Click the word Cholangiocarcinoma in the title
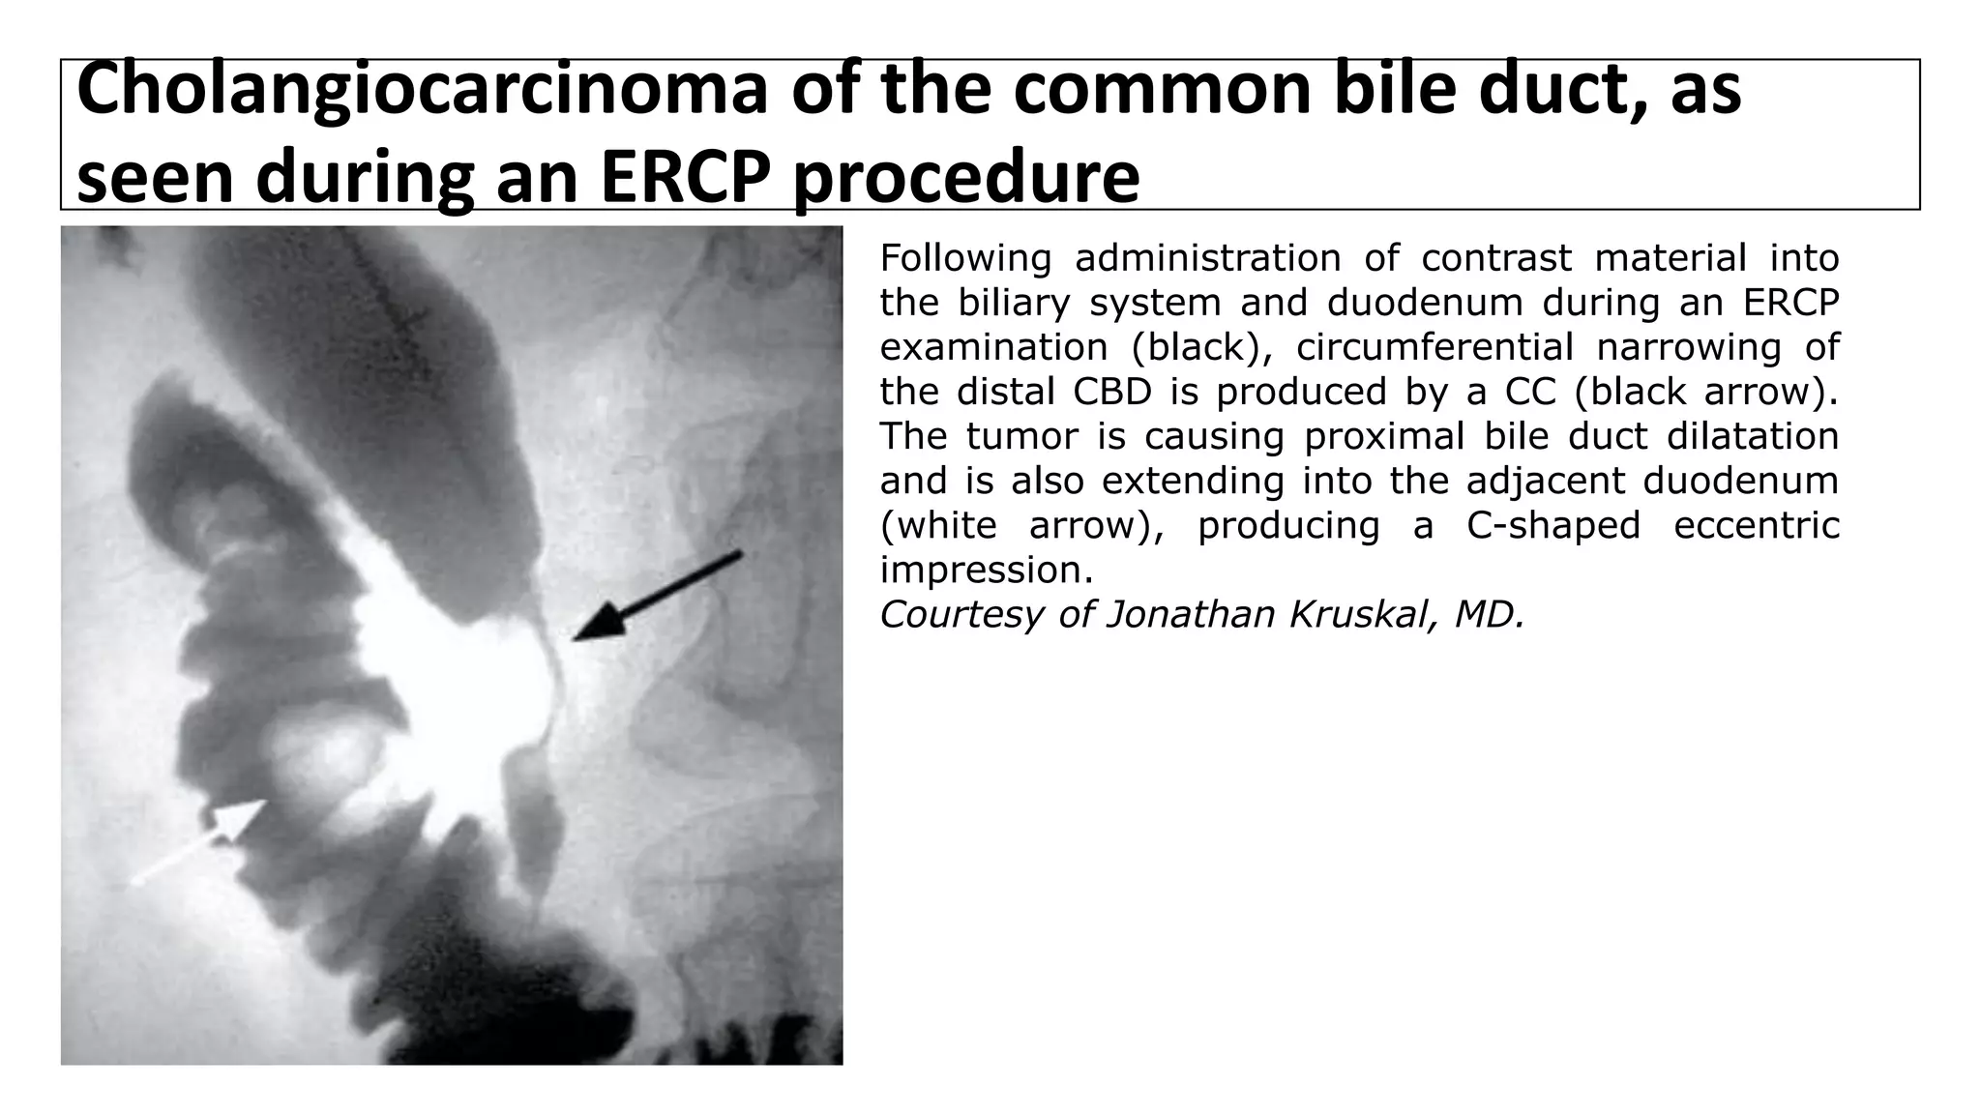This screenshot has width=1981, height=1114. pos(421,90)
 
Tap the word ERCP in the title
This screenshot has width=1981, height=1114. pos(685,178)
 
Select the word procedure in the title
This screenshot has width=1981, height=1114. pos(965,178)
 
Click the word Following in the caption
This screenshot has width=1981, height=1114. pos(964,258)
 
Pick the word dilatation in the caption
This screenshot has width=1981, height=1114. pos(1752,436)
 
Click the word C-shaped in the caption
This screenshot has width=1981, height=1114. pos(1552,525)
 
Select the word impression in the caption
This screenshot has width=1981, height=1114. pos(986,570)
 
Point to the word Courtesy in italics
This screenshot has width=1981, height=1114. pos(961,614)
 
